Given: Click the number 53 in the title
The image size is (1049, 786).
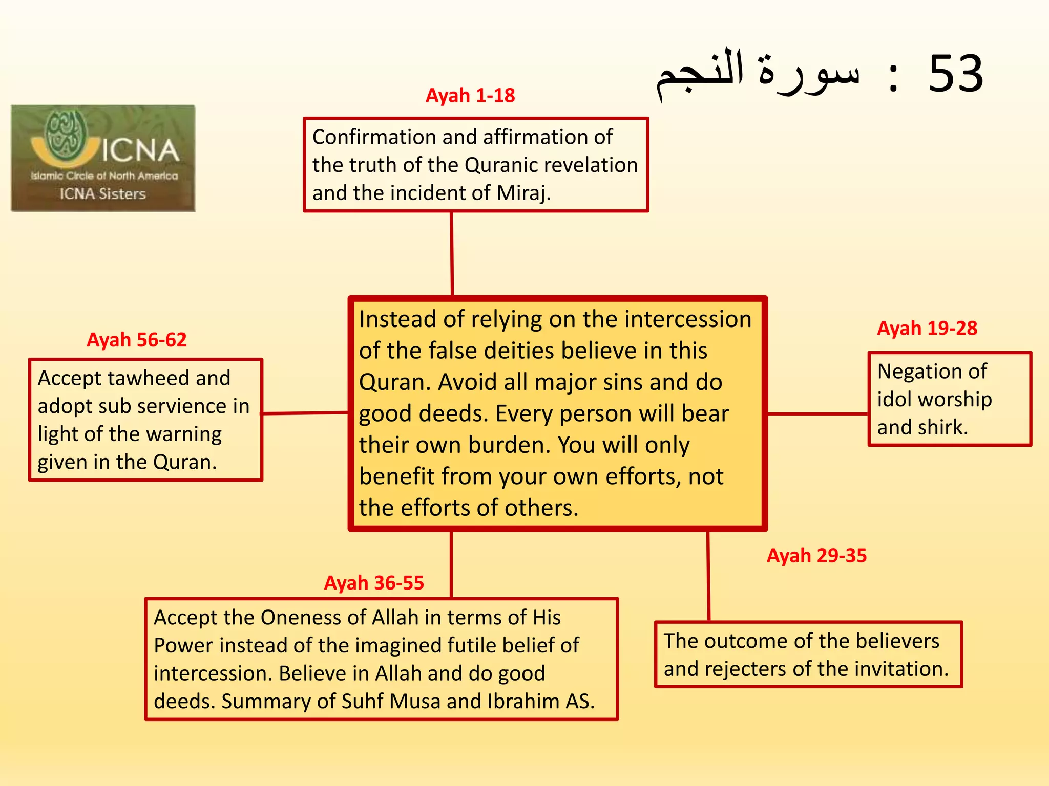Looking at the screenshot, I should click(x=956, y=74).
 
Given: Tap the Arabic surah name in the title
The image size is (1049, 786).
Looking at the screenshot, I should click(x=758, y=74).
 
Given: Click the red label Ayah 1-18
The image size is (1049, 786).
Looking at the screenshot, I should click(x=470, y=96).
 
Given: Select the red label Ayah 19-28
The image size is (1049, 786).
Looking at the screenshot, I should click(x=927, y=328).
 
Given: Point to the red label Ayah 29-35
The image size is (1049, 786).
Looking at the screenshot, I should click(x=816, y=556).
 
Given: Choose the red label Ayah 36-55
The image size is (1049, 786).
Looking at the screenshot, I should click(x=374, y=583).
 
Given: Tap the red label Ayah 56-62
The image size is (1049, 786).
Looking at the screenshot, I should click(x=137, y=340).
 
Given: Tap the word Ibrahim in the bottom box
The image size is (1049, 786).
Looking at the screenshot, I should click(x=523, y=702).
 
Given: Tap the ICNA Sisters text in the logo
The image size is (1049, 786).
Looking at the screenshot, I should click(x=103, y=194).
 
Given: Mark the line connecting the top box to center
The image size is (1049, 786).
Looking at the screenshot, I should click(x=452, y=254).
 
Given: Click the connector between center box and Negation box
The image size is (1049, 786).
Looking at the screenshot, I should click(x=817, y=413).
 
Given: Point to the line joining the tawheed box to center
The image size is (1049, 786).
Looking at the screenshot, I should click(x=305, y=412).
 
